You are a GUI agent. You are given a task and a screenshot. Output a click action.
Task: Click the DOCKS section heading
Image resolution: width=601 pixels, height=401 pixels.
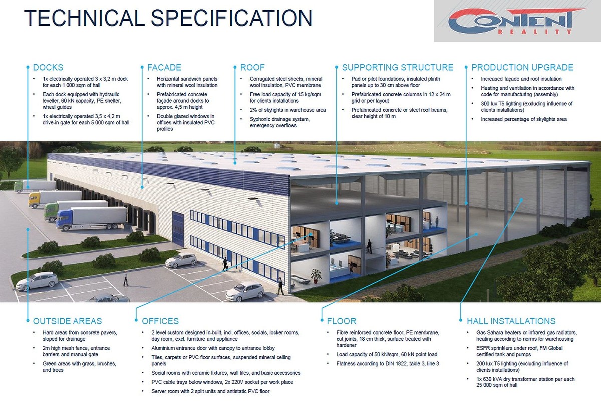click(48, 67)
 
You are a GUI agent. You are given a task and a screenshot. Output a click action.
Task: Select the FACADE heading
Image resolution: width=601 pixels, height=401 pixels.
click(164, 67)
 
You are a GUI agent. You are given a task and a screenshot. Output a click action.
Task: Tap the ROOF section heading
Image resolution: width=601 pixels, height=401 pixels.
click(252, 67)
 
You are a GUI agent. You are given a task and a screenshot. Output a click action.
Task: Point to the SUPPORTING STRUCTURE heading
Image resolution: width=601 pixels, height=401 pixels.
click(397, 67)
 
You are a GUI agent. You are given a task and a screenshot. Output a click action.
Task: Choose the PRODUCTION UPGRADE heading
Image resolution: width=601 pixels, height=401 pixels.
click(522, 67)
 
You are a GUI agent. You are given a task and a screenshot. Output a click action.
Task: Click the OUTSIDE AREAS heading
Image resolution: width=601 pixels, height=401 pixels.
click(67, 321)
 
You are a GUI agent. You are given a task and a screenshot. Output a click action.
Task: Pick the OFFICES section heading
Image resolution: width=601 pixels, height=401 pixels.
click(160, 321)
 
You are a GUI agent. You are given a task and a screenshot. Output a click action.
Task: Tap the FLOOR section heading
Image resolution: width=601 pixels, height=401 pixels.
click(342, 321)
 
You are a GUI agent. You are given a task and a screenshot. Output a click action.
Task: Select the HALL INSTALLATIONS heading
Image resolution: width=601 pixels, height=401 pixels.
click(511, 321)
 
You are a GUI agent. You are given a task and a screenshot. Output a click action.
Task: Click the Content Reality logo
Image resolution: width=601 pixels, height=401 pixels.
click(517, 21)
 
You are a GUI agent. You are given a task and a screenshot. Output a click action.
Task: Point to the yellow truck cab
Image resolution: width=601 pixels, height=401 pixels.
click(35, 199)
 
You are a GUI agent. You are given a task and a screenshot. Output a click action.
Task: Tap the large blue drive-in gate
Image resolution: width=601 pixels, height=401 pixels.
click(178, 229)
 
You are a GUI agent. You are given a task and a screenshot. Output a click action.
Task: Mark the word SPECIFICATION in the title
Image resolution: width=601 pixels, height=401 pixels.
click(231, 18)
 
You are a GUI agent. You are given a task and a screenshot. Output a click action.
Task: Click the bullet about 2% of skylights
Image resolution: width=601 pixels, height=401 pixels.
click(287, 110)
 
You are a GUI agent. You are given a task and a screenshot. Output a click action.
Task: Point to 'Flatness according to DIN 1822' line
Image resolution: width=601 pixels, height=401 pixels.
click(388, 364)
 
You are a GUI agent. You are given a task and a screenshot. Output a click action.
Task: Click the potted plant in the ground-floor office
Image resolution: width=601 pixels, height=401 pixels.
click(316, 276)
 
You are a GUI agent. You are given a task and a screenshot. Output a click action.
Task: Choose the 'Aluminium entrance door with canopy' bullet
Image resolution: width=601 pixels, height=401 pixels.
click(213, 348)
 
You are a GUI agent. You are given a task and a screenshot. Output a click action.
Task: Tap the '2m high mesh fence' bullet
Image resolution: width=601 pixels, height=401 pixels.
click(76, 351)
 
